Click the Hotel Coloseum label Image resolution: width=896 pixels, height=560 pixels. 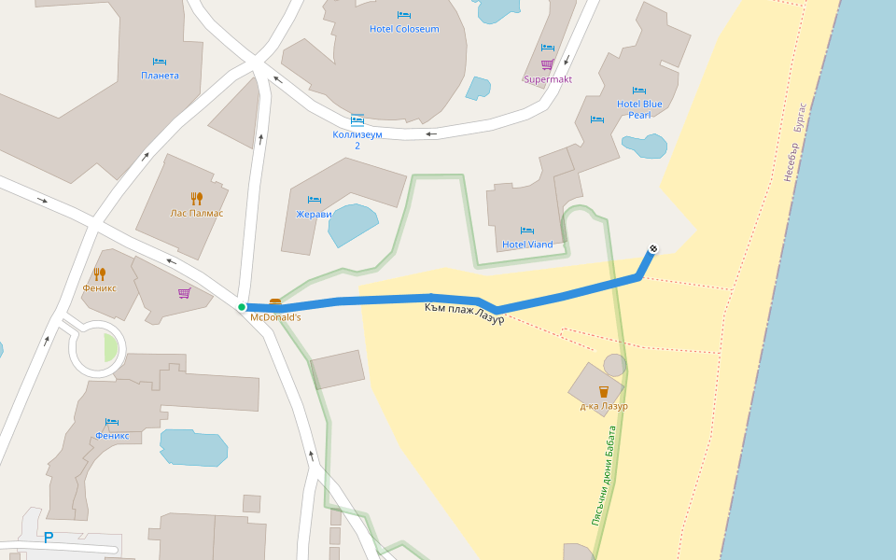[x=403, y=29]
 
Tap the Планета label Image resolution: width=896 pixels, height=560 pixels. [x=160, y=76]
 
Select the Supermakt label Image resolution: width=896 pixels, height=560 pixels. [x=547, y=79]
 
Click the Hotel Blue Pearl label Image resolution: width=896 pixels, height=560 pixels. [x=639, y=109]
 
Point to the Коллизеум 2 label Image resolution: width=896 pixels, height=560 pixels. [x=357, y=139]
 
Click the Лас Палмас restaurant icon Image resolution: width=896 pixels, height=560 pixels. [x=196, y=198]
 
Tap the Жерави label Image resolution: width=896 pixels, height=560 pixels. [x=314, y=214]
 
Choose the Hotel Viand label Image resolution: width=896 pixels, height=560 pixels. [x=527, y=245]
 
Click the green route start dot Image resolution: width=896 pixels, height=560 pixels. [x=242, y=307]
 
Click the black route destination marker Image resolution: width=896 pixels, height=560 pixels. [x=653, y=248]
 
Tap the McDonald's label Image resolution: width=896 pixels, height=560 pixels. [x=275, y=317]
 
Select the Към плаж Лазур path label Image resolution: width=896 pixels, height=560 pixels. [x=464, y=313]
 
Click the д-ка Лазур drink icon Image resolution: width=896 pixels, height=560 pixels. [x=603, y=391]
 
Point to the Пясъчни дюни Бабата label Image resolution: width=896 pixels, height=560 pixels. [x=604, y=476]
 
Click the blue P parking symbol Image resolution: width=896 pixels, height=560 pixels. [x=49, y=538]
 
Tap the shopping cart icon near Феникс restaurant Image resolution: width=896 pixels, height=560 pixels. [x=184, y=293]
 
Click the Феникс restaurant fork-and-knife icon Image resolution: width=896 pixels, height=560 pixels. [x=99, y=273]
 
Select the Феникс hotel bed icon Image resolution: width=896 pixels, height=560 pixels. [x=112, y=422]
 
